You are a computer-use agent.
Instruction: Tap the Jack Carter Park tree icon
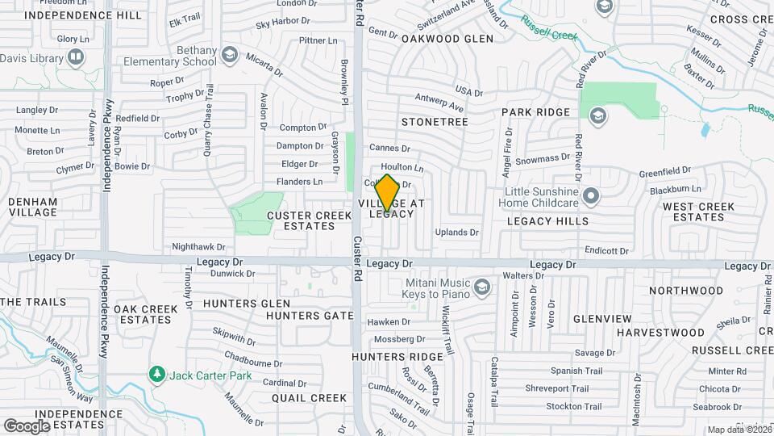pos(156,375)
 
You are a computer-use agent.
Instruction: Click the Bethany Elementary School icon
pos(230,54)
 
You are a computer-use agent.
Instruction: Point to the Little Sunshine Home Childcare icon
pos(592,196)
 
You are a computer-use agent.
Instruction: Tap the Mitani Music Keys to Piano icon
pos(481,287)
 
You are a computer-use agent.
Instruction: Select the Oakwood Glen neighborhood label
pos(447,38)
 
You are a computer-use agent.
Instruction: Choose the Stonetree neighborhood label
pos(435,121)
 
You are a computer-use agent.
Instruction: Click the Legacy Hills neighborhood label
pos(548,220)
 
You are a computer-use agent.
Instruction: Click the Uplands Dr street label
pos(457,232)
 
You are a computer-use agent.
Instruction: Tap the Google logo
pos(27,426)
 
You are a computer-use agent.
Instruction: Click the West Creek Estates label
pos(698,212)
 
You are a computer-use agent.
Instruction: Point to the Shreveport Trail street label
pos(576,388)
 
